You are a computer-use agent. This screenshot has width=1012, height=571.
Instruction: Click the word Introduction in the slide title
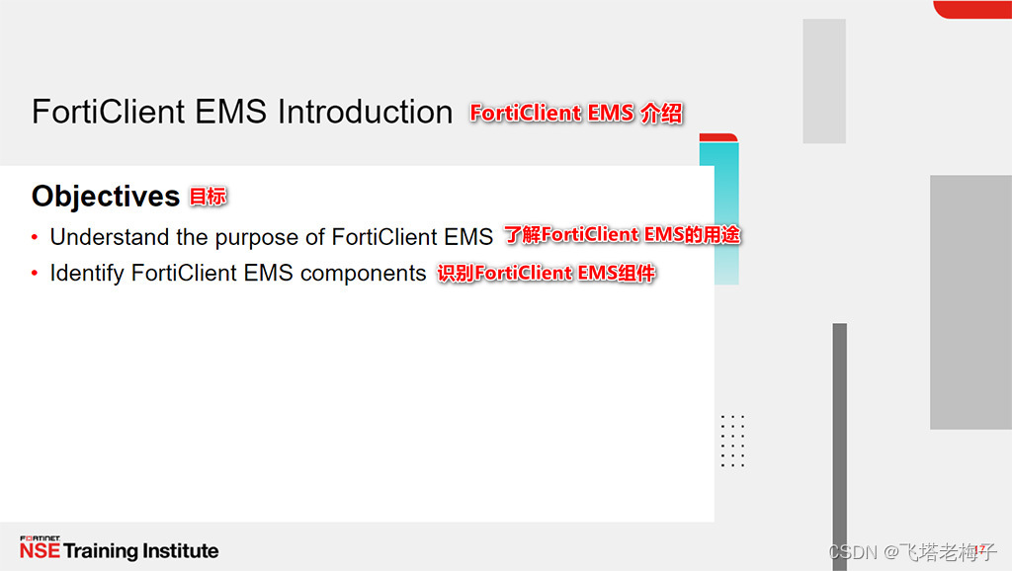click(x=365, y=112)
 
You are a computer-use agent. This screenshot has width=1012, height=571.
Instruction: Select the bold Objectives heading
click(x=105, y=196)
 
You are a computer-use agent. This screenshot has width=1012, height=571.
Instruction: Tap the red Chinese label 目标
click(x=208, y=197)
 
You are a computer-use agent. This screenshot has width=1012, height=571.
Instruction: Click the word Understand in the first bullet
click(x=110, y=237)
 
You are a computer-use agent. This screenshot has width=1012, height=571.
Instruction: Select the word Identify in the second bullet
click(x=87, y=273)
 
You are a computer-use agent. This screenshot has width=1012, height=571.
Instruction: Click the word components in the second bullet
click(x=363, y=273)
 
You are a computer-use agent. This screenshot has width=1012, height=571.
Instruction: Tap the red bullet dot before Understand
click(x=36, y=237)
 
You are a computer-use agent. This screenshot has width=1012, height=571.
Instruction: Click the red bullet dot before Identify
click(x=36, y=273)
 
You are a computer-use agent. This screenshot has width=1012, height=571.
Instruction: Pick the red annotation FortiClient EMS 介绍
click(x=576, y=113)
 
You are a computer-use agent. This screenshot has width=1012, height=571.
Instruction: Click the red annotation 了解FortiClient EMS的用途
click(x=623, y=235)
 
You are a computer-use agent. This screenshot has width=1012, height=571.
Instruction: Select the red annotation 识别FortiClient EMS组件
click(x=547, y=273)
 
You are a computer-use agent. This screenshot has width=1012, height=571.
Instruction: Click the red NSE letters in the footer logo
click(x=40, y=551)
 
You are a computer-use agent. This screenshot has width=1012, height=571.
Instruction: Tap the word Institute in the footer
click(x=181, y=551)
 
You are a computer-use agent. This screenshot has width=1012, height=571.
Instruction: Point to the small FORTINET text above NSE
click(x=40, y=538)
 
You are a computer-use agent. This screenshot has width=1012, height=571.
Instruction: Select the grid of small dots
click(x=732, y=441)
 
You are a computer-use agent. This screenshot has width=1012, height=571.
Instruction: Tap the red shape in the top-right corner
click(x=972, y=9)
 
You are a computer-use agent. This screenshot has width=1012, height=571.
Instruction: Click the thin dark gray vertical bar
click(x=840, y=435)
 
